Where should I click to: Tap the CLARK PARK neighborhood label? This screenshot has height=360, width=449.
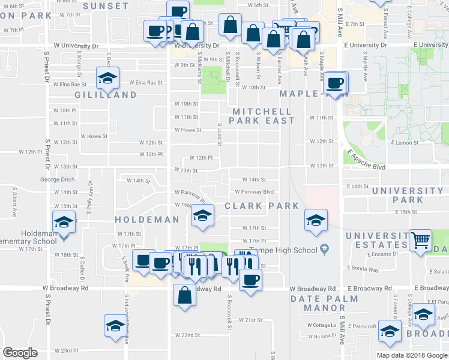point(262,206)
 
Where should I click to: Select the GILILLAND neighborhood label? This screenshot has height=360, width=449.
point(106,95)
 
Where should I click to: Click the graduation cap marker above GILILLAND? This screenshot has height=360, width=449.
point(108,78)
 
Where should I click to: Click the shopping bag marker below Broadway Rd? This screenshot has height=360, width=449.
point(184,295)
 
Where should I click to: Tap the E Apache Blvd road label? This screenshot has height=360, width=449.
point(364,158)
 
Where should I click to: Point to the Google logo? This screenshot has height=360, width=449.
point(20,353)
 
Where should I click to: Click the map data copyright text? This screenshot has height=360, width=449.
point(412,355)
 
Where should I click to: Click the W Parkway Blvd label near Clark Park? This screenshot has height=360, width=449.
point(254,192)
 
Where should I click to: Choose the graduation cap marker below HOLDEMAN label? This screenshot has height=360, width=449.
point(203,216)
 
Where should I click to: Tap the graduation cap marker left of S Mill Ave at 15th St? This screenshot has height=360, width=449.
point(315,220)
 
